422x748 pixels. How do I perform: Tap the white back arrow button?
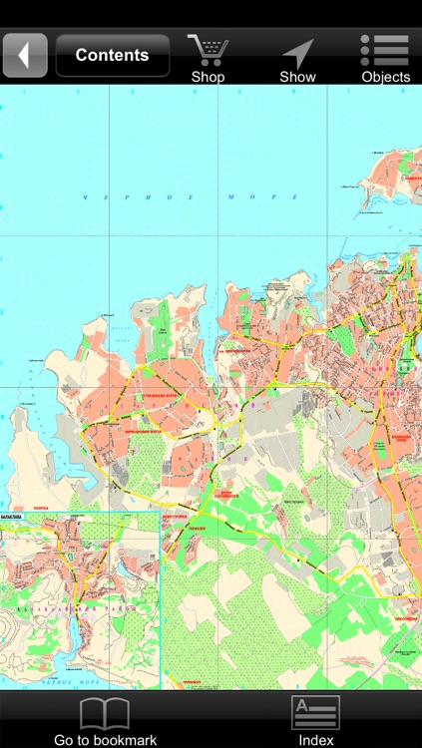coord(25,55)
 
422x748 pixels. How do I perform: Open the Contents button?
coord(112,55)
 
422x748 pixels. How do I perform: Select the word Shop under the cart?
coord(208,77)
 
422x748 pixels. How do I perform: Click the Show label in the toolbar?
coord(297,77)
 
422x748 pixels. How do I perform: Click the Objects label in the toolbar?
coord(385,77)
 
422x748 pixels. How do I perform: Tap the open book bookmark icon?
coord(105,713)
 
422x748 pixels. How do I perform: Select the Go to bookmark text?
coord(105,740)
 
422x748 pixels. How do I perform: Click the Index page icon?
coord(315,713)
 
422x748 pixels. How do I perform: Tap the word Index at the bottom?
coord(315,740)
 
